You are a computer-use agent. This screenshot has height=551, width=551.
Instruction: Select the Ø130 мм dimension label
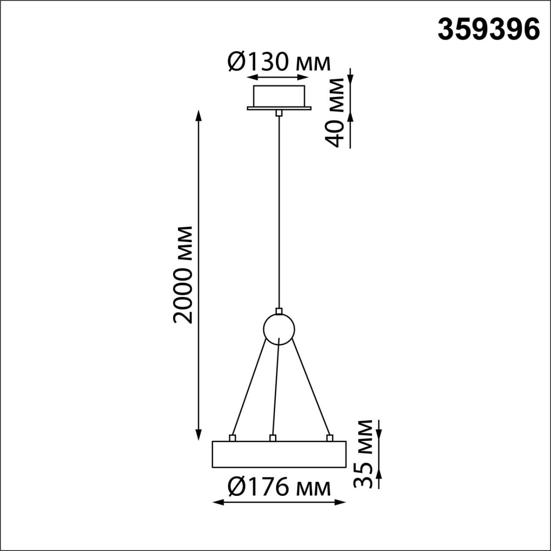[279, 62]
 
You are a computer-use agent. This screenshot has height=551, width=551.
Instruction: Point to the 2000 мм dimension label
[182, 274]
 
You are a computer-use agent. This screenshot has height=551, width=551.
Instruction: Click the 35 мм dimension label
[362, 453]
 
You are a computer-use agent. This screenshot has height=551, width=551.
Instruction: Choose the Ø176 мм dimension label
[279, 488]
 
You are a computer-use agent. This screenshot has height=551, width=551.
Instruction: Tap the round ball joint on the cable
[279, 329]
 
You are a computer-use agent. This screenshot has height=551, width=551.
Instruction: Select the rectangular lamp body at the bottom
[279, 454]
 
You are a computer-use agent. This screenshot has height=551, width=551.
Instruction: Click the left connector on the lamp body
[232, 438]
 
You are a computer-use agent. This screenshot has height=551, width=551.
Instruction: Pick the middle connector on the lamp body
[272, 438]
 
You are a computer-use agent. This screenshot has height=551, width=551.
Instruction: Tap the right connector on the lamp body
[330, 438]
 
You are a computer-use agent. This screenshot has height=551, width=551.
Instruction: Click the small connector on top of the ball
[279, 311]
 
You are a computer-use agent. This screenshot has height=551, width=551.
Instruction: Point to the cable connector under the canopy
[279, 113]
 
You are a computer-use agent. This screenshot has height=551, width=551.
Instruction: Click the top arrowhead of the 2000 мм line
[198, 115]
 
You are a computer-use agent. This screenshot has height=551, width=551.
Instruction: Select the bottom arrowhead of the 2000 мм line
[198, 435]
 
